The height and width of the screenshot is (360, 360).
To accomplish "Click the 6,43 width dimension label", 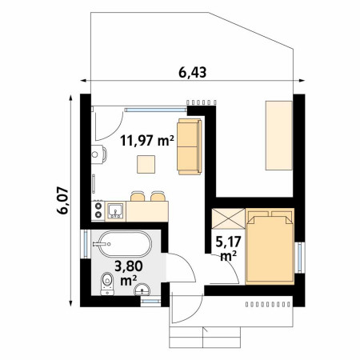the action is pyautogui.click(x=192, y=72).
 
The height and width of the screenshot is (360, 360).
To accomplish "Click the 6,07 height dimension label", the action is pyautogui.click(x=63, y=200).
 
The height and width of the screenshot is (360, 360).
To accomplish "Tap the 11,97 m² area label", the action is pyautogui.click(x=147, y=141).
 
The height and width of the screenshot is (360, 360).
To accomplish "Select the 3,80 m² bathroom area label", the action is pyautogui.click(x=129, y=273).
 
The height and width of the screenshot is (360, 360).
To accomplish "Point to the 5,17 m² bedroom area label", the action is pyautogui.click(x=228, y=249).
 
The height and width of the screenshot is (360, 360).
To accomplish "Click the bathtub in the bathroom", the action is pyautogui.click(x=125, y=244).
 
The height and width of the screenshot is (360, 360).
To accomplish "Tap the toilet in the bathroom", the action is pyautogui.click(x=107, y=284).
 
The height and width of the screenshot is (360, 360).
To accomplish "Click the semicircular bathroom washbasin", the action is pyautogui.click(x=142, y=290).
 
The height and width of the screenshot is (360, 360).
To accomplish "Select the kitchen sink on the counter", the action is pyautogui.click(x=115, y=211).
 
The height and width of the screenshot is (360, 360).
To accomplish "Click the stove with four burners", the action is pyautogui.click(x=98, y=210).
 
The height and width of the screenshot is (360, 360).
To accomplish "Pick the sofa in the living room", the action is pyautogui.click(x=189, y=146).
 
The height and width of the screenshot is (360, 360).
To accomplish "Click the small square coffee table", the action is pyautogui.click(x=146, y=164).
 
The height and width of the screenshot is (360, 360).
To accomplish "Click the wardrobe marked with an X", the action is pyautogui.click(x=228, y=218).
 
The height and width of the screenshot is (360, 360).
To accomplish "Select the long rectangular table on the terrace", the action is pyautogui.click(x=279, y=135).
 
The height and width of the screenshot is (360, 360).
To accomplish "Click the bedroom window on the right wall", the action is pyautogui.click(x=300, y=258).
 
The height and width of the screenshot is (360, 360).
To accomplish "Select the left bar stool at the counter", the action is pyautogui.click(x=138, y=196).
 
